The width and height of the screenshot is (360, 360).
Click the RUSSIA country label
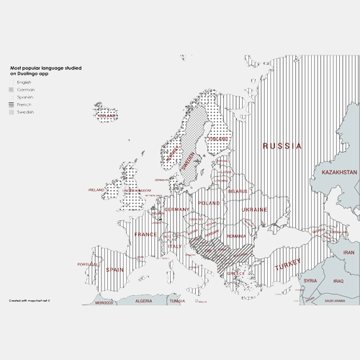point(282,146)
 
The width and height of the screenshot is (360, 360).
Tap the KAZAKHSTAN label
point(338,173)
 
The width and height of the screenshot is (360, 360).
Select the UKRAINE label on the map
point(254,210)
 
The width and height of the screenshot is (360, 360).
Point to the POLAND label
point(209,204)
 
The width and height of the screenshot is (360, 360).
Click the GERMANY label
point(176,210)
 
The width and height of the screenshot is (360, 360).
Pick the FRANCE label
point(145,235)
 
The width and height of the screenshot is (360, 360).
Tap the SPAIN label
point(114,270)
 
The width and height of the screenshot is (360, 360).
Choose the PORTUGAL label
point(87,264)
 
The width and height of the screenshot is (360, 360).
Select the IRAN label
point(348,253)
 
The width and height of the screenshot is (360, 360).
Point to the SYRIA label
point(310,281)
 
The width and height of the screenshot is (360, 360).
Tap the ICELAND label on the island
point(107,115)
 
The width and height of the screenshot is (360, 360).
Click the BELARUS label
point(237,191)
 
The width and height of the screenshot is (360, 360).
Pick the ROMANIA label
point(237,236)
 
